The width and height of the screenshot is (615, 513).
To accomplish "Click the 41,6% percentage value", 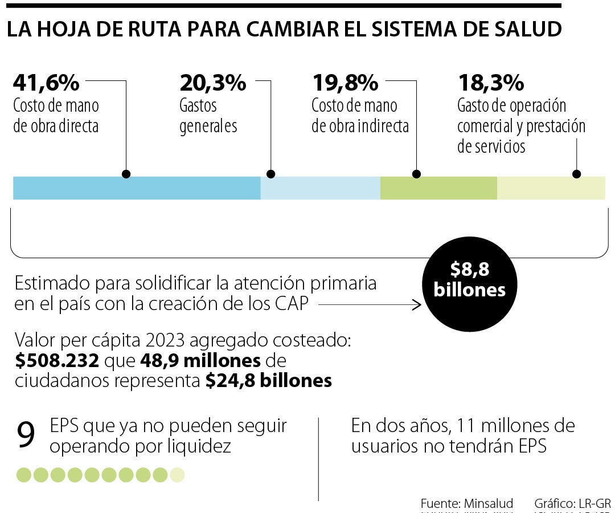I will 46,83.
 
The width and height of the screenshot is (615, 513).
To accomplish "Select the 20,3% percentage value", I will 213,83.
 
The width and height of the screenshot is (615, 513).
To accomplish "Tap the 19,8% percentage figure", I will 345,83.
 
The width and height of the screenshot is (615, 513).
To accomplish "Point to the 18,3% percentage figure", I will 491,83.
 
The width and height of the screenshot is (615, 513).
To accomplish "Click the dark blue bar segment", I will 137,188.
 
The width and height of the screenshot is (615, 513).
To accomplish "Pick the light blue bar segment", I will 320,188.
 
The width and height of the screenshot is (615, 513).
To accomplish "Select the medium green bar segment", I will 438,188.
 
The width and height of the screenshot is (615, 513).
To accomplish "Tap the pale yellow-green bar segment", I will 551,188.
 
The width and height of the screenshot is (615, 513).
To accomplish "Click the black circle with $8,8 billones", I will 470,281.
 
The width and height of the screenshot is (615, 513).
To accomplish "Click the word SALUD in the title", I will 524,30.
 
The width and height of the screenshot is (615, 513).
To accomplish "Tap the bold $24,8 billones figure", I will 269,381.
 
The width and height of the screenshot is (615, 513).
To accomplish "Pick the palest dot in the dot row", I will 177,474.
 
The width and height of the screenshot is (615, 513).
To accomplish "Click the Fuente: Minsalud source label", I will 467,503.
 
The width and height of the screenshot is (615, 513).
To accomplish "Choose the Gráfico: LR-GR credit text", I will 572,503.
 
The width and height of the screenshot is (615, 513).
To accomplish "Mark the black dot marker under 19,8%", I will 416,174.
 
